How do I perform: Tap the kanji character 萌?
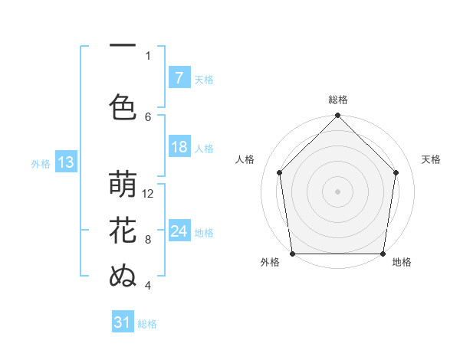pos(123,186)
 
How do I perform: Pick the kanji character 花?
pos(123,231)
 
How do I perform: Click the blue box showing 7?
pos(179,78)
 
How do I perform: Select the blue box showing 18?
pos(179,148)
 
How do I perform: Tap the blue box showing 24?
pos(179,231)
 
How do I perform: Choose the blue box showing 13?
pos(65,162)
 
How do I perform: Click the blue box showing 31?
pos(123,322)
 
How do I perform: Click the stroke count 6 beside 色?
pos(148,116)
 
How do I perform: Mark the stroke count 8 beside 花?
pos(148,239)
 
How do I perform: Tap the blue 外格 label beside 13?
pos(41,163)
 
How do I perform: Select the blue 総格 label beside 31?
pos(147,324)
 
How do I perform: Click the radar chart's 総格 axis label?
pos(337,100)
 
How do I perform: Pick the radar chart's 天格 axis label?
pos(431,159)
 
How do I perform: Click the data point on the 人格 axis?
pos(280,172)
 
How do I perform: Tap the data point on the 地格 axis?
pos(383,253)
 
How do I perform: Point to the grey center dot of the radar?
pos(337,191)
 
